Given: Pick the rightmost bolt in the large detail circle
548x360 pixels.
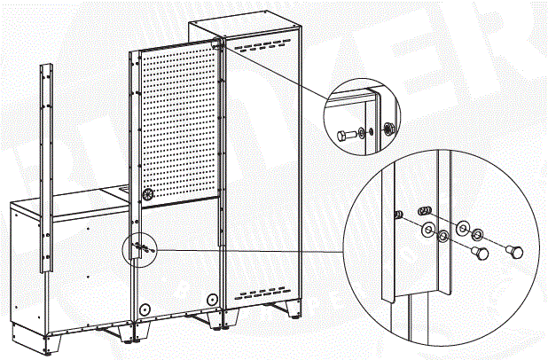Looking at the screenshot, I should [512, 251].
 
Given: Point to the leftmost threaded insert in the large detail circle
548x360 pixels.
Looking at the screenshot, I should [399, 214].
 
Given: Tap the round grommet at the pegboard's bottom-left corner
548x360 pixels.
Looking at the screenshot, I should [148, 192].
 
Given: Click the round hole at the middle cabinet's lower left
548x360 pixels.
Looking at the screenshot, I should [143, 309].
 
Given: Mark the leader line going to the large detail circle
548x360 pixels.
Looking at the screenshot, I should [248, 250].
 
